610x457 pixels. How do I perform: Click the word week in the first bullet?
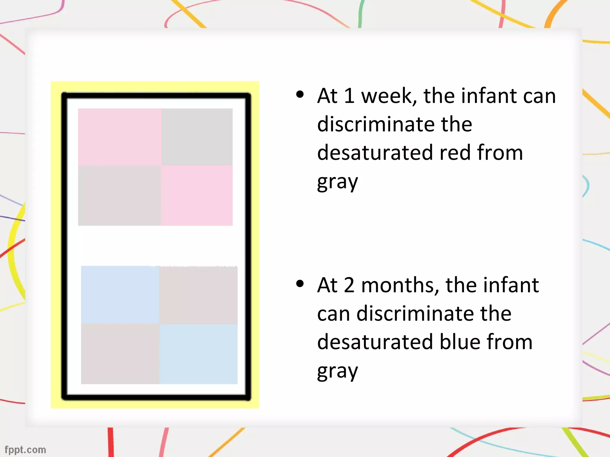coord(389,96)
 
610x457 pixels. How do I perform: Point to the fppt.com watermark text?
coord(25,450)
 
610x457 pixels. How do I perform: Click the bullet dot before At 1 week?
coord(300,95)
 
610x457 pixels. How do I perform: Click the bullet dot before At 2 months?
coord(300,284)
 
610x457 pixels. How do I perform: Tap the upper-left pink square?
coord(119,137)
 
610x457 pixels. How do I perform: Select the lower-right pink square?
coord(197,195)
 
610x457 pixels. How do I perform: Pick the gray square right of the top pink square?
coord(197,137)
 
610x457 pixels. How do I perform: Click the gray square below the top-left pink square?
coord(119,195)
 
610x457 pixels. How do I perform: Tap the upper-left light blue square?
coord(120,295)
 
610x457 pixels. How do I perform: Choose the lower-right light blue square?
coord(199,354)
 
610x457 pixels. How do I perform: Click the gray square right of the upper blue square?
coord(198,295)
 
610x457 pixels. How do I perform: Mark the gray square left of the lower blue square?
coord(120,354)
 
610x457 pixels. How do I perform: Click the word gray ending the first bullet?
coord(337,182)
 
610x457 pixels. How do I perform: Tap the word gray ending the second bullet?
coord(337,371)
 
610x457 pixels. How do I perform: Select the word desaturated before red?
coord(375,153)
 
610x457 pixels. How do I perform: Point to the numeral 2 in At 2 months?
coord(349,285)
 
